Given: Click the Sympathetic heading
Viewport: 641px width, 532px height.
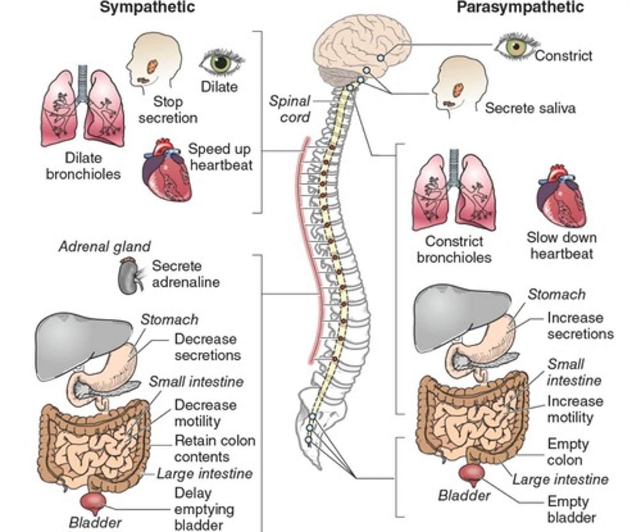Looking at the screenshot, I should (147, 8).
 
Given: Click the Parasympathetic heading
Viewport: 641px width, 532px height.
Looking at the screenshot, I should (520, 8).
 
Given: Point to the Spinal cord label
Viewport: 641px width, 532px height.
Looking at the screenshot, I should (290, 109).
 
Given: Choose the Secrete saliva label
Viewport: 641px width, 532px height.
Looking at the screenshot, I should (530, 108).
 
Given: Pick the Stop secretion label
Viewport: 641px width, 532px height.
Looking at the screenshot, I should (168, 110).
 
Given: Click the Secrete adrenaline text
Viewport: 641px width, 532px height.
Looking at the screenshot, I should (186, 274).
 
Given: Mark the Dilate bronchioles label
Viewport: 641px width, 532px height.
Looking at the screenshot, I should (83, 166).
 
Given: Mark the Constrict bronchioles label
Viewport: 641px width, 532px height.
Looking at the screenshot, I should (454, 249).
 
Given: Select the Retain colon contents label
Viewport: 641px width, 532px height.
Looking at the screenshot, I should (215, 449).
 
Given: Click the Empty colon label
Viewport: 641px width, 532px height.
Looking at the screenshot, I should (568, 452).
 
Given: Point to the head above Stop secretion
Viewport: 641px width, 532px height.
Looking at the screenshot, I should (154, 62).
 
